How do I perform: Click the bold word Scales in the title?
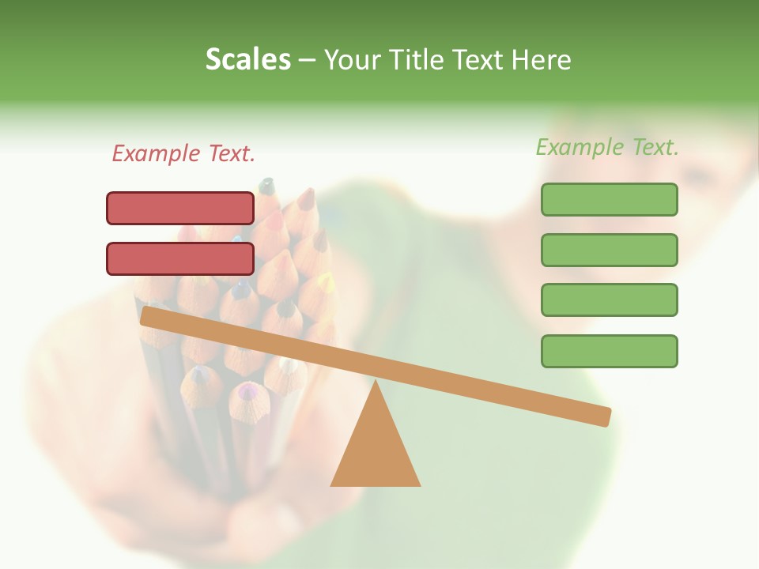click(247, 59)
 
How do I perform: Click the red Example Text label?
click(183, 153)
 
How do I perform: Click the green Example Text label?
click(607, 147)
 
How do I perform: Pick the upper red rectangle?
click(180, 208)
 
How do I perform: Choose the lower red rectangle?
click(180, 258)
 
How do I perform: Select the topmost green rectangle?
click(609, 199)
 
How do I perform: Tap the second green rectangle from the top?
click(609, 250)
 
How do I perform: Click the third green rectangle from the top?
click(609, 300)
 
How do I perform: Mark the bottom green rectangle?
click(609, 351)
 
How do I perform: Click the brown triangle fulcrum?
click(376, 450)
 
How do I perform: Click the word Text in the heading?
click(481, 59)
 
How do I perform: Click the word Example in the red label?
click(157, 153)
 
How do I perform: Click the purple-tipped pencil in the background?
click(249, 392)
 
